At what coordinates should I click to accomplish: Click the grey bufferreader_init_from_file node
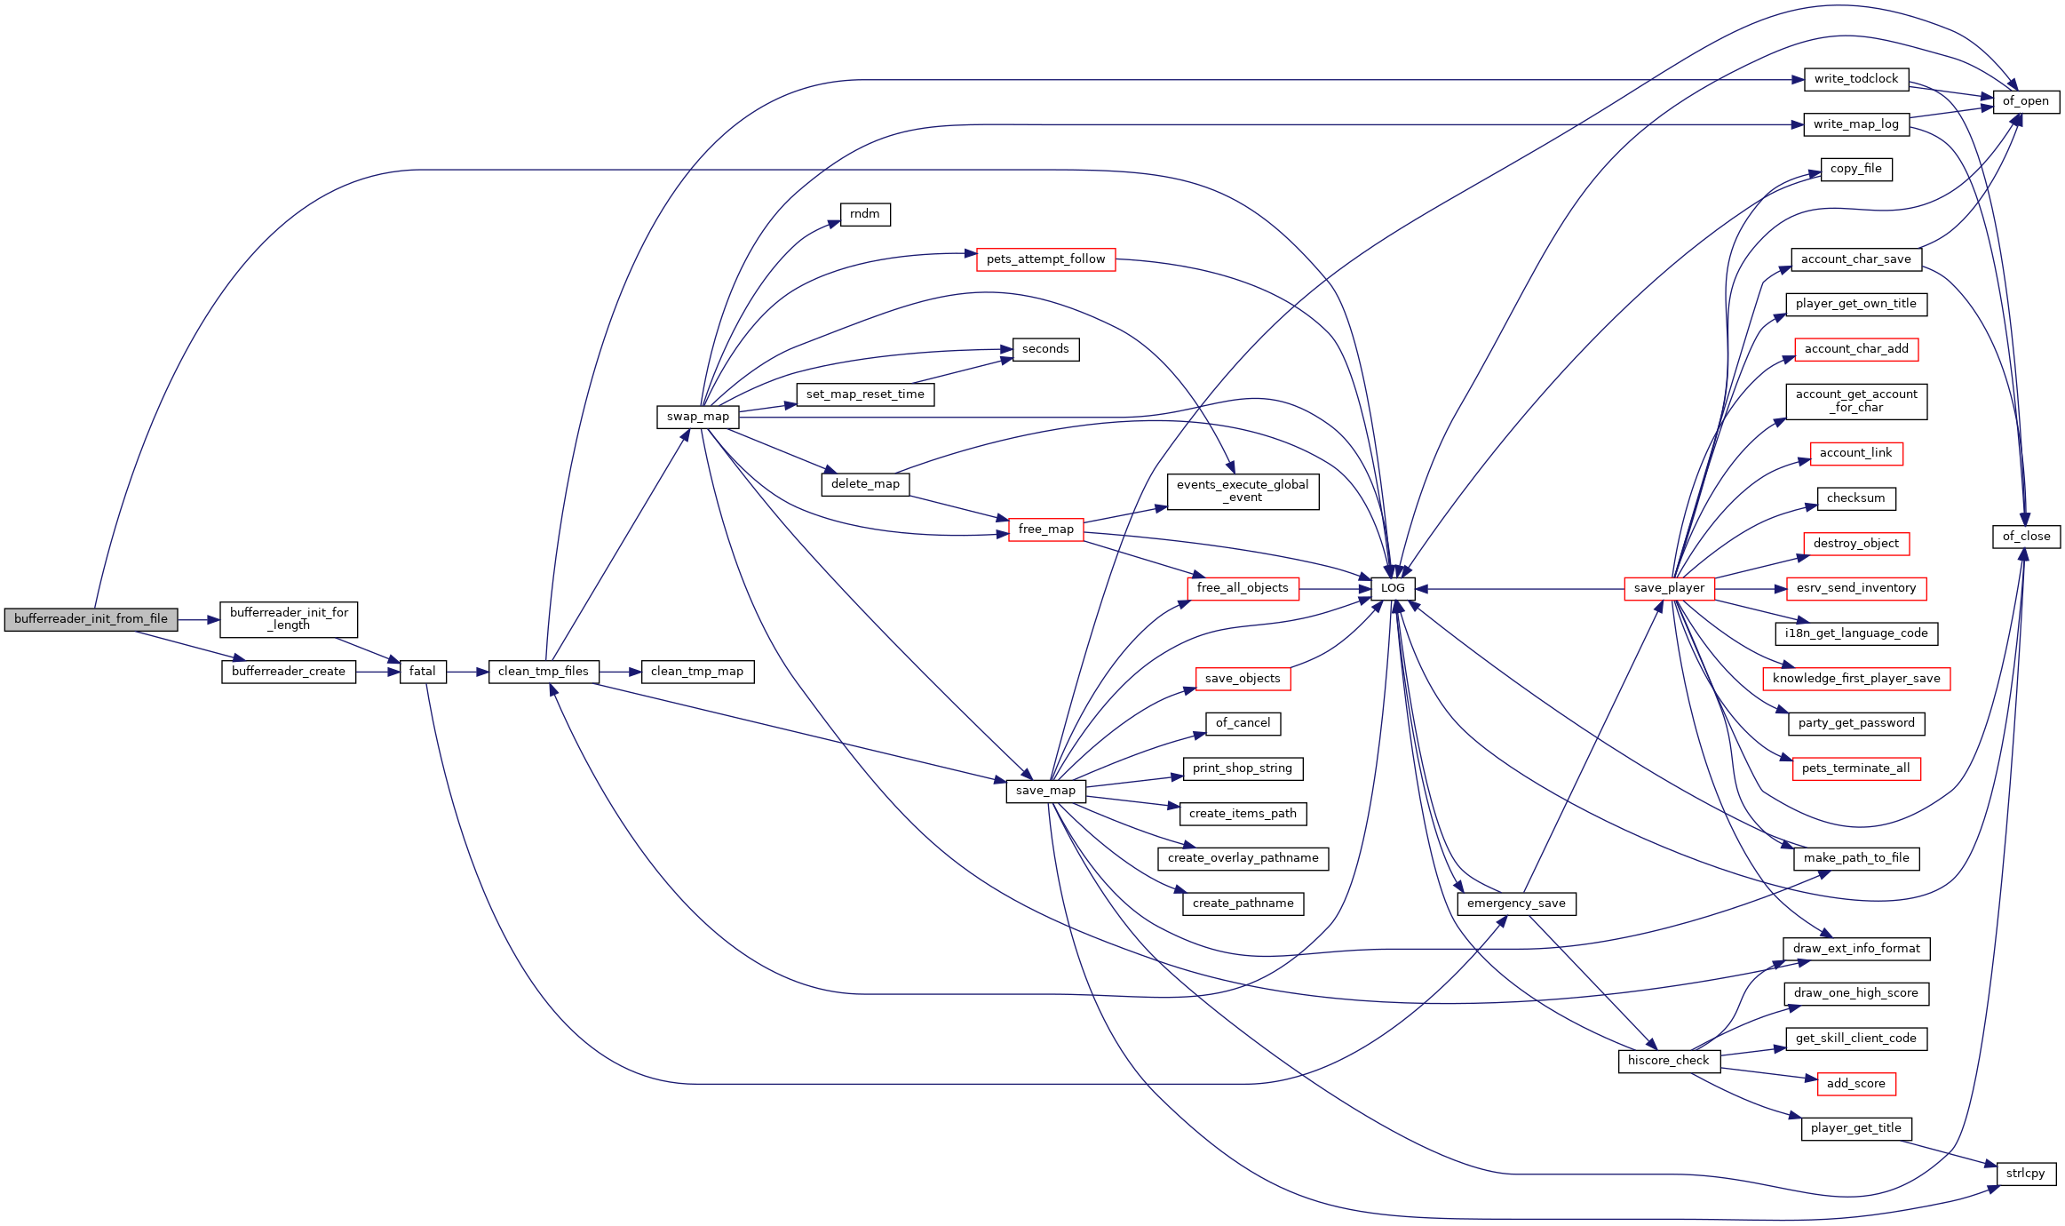91,619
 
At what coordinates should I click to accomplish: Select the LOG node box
1393,588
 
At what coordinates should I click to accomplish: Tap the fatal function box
423,672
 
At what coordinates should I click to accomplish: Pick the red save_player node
1669,588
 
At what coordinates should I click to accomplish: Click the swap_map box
698,417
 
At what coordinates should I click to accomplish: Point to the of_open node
2026,101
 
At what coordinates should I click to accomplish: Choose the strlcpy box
2026,1174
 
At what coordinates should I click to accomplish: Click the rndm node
865,214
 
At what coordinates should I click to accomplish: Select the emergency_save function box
1516,904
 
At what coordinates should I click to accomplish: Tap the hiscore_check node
1669,1061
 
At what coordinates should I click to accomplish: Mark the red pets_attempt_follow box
1046,259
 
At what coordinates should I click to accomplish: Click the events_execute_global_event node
1243,491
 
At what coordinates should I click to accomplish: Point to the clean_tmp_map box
697,672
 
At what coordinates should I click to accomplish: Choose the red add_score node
1856,1084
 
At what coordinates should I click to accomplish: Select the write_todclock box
1856,79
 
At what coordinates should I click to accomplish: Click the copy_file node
1856,169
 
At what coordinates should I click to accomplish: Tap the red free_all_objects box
1243,588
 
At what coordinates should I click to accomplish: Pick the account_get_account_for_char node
1856,402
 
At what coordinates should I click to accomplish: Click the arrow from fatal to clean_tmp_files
467,673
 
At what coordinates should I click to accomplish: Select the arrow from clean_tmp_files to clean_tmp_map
620,673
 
